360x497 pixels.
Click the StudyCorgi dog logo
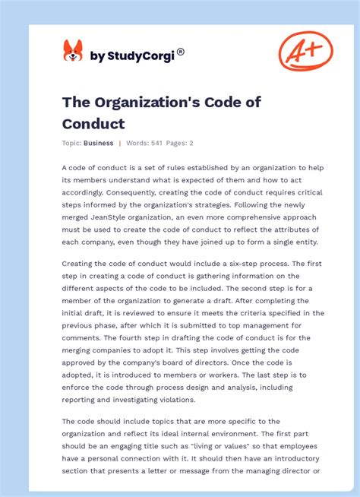(72, 51)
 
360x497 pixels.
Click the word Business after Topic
(99, 143)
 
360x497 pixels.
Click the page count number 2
(191, 143)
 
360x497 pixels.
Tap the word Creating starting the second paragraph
(79, 263)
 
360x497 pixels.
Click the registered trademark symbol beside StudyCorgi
(181, 52)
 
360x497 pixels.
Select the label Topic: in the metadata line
(72, 143)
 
